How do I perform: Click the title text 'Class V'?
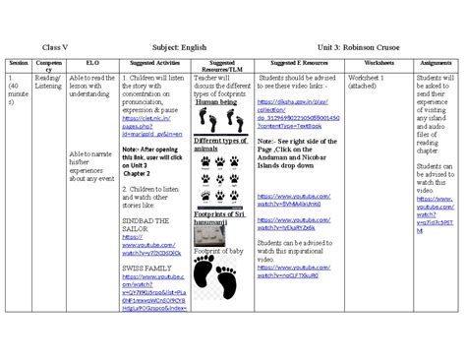54,46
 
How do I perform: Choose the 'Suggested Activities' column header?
153,63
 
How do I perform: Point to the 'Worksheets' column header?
378,63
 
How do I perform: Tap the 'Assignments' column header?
435,63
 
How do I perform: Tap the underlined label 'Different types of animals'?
220,145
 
